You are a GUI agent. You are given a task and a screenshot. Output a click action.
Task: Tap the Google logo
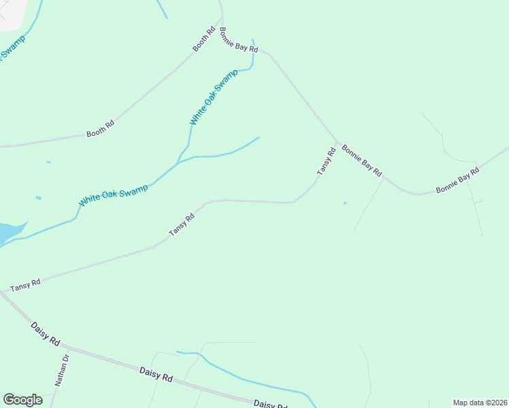(22, 399)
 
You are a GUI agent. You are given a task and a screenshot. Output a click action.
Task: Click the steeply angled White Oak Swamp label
(214, 97)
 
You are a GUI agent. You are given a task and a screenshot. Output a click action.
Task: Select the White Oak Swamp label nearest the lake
(113, 197)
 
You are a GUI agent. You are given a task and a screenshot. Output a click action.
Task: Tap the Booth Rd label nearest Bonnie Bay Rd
(203, 39)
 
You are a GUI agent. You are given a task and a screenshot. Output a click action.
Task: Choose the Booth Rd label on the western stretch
(100, 129)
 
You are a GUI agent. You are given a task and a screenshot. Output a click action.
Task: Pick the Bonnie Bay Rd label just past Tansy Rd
(361, 161)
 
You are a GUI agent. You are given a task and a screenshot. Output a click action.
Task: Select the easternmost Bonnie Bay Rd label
(457, 181)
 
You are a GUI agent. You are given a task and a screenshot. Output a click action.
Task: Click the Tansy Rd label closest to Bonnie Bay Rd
(327, 163)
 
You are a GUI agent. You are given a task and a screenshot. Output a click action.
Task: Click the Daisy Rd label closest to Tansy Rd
(46, 334)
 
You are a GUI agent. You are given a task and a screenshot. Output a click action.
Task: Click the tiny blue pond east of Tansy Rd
(345, 203)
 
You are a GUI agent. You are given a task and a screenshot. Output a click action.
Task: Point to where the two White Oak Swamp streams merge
(178, 162)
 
